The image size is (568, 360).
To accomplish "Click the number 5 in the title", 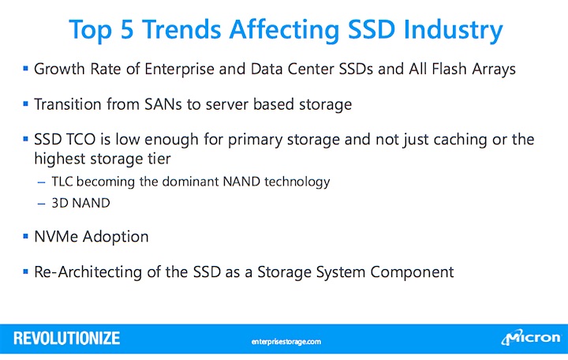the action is click(x=127, y=29).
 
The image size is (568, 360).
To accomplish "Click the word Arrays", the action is click(x=493, y=69).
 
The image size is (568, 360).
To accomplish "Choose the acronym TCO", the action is click(x=80, y=139).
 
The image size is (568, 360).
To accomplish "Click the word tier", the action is click(x=159, y=159).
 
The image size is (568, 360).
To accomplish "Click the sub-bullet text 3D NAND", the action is click(x=80, y=203).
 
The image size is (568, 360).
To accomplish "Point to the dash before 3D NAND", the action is click(x=41, y=204).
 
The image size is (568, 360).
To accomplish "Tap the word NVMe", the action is click(x=56, y=237).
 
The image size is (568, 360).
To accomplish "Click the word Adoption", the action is click(x=115, y=238).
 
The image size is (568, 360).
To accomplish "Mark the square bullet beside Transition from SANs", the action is click(x=25, y=103).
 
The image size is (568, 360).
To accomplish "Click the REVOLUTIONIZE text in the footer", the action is click(x=66, y=338).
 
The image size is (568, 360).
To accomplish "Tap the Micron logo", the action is click(x=531, y=338).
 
